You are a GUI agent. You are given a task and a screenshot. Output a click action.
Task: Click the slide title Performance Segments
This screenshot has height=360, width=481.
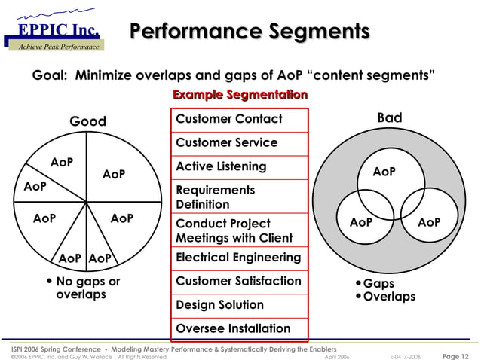(x=250, y=32)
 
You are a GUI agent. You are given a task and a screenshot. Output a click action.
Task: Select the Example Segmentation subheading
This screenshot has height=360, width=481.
(x=240, y=95)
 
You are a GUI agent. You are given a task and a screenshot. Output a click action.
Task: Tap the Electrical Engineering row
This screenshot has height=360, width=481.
(x=238, y=257)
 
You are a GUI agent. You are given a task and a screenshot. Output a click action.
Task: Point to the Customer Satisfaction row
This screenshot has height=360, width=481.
(x=238, y=281)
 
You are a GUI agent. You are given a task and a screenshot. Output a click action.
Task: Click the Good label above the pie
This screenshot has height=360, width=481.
(x=88, y=121)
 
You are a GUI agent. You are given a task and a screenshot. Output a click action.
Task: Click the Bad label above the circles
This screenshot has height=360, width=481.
(x=389, y=117)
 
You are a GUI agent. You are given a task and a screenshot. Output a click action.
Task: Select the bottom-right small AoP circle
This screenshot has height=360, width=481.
(x=428, y=222)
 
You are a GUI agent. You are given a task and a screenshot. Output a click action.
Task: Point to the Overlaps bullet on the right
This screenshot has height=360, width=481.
(x=388, y=297)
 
